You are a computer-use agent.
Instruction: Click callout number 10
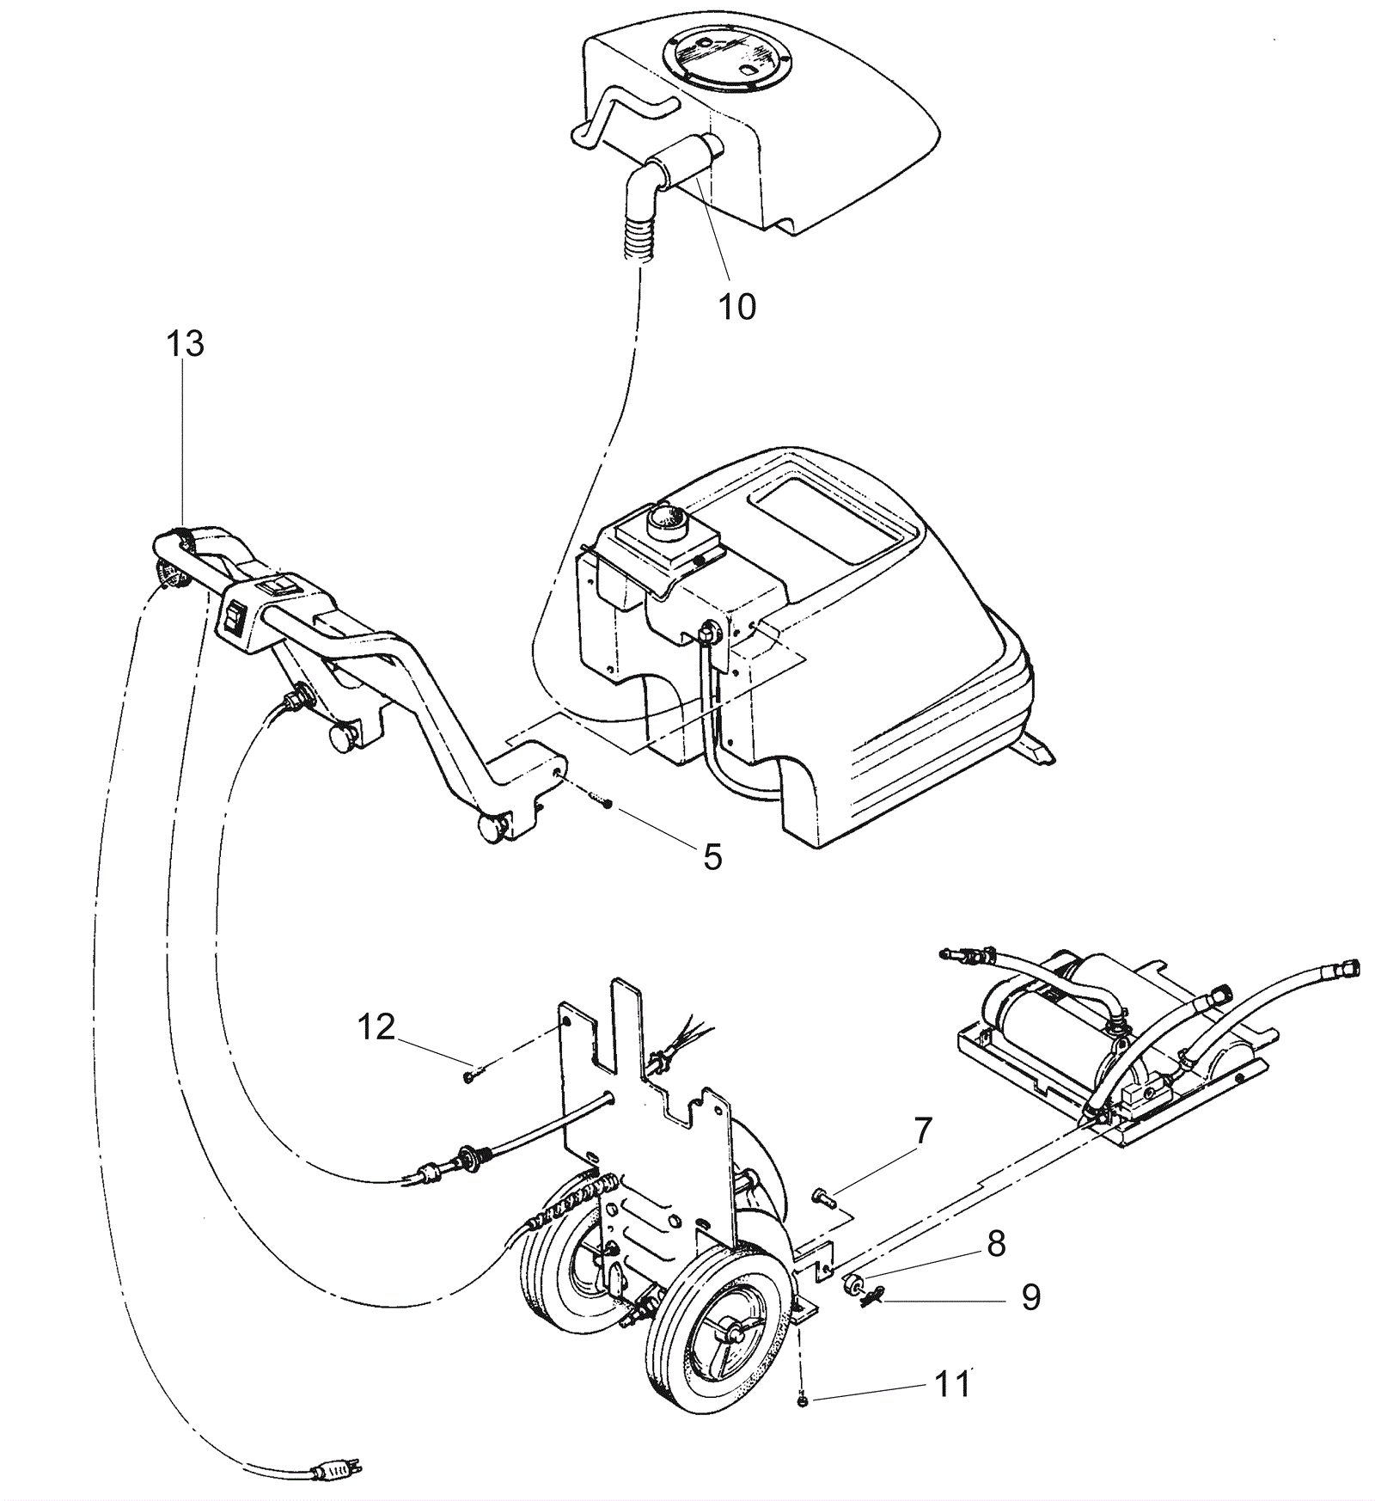pos(736,306)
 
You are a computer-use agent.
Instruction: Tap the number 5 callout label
pos(712,856)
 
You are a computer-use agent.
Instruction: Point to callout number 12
pos(376,1026)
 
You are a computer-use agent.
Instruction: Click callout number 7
pos(921,1131)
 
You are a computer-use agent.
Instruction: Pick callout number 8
pos(996,1244)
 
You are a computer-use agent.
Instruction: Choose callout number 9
pos(1030,1296)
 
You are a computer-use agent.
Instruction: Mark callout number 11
pos(952,1384)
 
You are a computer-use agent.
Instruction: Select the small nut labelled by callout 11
pos(800,1402)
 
